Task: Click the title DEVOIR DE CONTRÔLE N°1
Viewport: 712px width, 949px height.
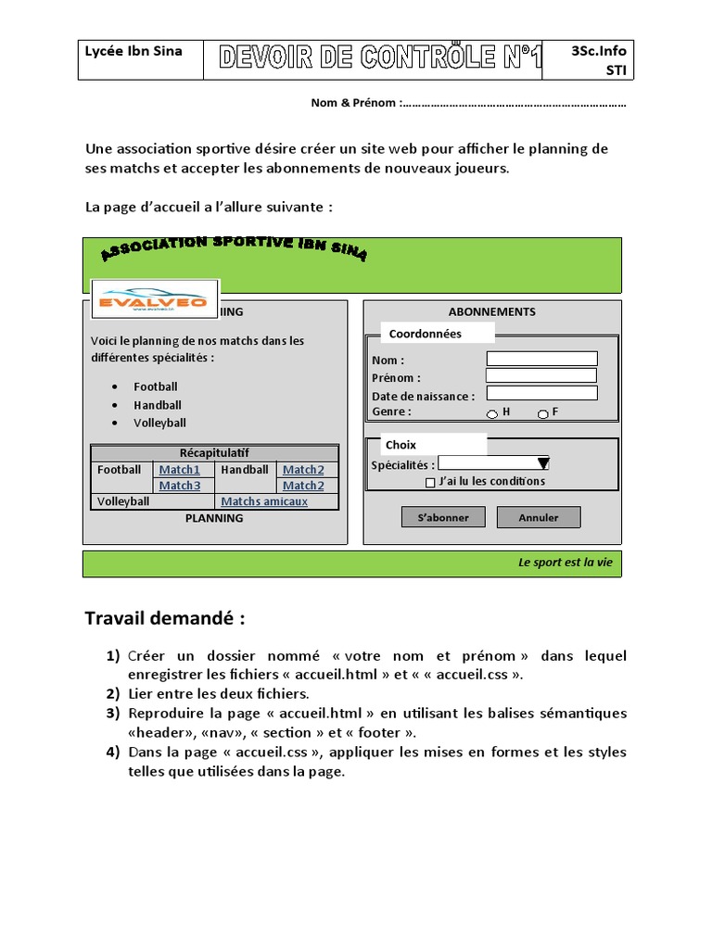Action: pos(380,59)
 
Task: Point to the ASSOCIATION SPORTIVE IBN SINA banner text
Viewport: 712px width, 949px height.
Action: pos(233,247)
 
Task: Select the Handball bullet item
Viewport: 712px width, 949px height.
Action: pos(158,405)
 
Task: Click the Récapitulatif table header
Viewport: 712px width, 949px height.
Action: pos(214,453)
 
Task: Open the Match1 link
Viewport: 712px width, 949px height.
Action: pos(180,470)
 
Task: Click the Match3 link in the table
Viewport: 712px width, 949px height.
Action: pos(180,486)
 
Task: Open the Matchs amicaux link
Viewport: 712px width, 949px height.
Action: pos(264,501)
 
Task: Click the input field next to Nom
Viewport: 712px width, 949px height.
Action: pos(541,359)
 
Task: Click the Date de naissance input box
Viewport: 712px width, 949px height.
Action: pos(541,393)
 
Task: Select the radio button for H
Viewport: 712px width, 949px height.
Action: pos(492,413)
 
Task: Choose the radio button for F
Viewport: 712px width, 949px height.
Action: pos(542,413)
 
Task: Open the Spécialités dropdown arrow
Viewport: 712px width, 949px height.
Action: pos(543,463)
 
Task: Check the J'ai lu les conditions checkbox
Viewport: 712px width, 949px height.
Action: pos(430,482)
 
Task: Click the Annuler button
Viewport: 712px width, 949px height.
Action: pos(539,517)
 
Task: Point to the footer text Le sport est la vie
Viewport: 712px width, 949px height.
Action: pos(565,563)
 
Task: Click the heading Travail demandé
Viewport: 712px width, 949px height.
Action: pos(165,618)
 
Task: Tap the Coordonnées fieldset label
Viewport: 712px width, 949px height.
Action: pos(425,334)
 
